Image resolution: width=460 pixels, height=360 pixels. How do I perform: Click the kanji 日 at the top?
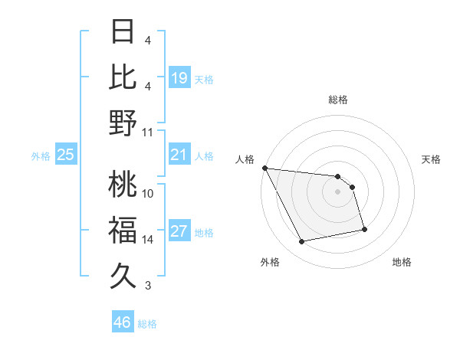[123, 32]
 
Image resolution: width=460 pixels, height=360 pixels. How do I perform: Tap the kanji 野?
[123, 123]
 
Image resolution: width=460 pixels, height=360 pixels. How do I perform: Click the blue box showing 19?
[179, 78]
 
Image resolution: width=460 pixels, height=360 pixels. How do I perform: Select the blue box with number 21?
[179, 155]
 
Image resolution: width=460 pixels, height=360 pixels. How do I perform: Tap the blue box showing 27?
[179, 232]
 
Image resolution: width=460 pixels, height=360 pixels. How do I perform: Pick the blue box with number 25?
[66, 155]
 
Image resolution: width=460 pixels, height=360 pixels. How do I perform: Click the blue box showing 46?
[123, 322]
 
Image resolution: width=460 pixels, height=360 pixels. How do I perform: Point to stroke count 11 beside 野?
[148, 133]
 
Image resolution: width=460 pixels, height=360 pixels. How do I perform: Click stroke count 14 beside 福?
[148, 240]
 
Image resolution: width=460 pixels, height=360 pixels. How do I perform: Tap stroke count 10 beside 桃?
[148, 192]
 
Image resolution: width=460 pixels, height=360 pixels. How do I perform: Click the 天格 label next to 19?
[204, 80]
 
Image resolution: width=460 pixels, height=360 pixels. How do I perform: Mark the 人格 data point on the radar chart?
[264, 168]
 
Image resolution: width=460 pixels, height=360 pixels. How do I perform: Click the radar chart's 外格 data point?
[302, 242]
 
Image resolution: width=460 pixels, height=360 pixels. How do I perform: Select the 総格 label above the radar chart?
[337, 100]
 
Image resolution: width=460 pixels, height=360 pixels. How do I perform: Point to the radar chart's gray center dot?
[337, 191]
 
